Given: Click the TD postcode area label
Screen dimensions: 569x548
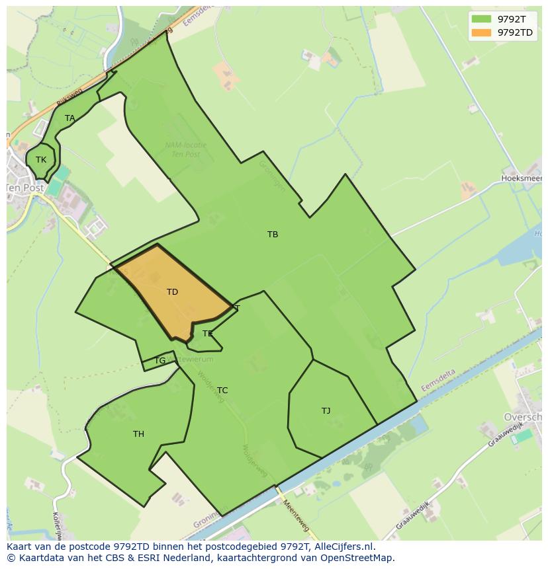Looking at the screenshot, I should click(x=172, y=292).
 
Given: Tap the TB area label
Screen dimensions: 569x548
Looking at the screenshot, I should click(x=273, y=235).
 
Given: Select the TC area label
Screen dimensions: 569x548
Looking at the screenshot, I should click(x=222, y=391).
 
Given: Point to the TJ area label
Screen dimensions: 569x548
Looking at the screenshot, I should click(x=326, y=411).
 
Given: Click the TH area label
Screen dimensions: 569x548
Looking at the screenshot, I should click(x=138, y=434).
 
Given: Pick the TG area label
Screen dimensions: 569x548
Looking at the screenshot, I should click(x=160, y=361).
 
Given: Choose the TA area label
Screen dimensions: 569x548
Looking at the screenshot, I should click(x=69, y=118).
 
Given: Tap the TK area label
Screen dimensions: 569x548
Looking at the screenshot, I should click(x=41, y=160).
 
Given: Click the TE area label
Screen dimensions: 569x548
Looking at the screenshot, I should click(x=208, y=334).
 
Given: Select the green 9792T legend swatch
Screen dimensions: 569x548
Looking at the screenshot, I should click(x=481, y=19).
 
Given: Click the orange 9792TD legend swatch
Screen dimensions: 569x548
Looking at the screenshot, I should click(x=481, y=32).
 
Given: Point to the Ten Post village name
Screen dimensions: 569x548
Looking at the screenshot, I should click(x=25, y=188).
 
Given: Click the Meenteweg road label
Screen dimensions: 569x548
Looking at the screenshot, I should click(x=296, y=515).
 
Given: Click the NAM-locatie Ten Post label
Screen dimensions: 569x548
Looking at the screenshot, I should click(x=185, y=149).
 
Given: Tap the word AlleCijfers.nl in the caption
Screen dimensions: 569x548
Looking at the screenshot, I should click(x=343, y=547).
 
